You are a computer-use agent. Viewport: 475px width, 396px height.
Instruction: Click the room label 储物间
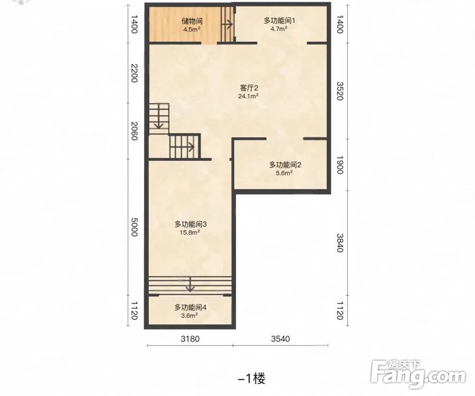(192, 21)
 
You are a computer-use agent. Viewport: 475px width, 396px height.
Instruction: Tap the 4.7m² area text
(279, 29)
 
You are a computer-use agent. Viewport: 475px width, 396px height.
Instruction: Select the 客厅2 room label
(249, 88)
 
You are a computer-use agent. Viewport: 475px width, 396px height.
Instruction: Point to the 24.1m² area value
(249, 96)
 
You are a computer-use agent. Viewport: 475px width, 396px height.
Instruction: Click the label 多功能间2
(285, 165)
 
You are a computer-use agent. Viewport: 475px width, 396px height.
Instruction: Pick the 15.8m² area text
(190, 232)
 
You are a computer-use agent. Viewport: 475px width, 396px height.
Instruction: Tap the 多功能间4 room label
(190, 307)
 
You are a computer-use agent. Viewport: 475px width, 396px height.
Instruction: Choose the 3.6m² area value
(189, 315)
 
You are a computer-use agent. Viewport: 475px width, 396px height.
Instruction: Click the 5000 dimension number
(134, 227)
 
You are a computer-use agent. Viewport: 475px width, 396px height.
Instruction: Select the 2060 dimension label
(134, 131)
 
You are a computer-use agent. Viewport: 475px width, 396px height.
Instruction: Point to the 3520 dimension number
(340, 91)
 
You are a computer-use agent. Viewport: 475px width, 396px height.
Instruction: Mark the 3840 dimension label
(340, 242)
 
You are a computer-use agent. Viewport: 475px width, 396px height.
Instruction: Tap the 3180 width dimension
(190, 338)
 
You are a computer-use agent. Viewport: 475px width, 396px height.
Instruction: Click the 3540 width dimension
(281, 338)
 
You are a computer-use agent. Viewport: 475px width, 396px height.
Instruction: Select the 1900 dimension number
(340, 165)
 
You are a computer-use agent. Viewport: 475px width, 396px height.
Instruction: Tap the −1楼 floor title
(252, 379)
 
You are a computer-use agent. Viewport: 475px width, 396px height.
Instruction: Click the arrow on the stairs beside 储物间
(227, 24)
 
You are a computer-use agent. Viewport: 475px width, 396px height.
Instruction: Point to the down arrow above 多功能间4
(190, 284)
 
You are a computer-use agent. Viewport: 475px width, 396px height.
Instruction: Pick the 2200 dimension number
(134, 73)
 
